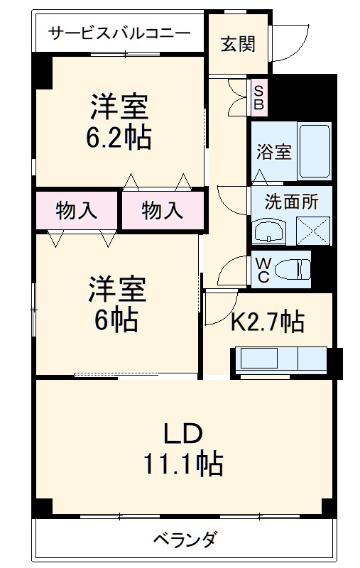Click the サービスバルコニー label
(x=119, y=33)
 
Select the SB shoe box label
(x=259, y=98)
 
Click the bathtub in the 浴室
(x=314, y=150)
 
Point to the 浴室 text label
(x=273, y=151)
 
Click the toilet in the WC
(x=293, y=269)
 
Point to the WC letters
(x=261, y=270)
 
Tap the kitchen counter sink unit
(x=278, y=359)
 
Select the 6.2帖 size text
(x=119, y=137)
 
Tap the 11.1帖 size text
(x=185, y=465)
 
